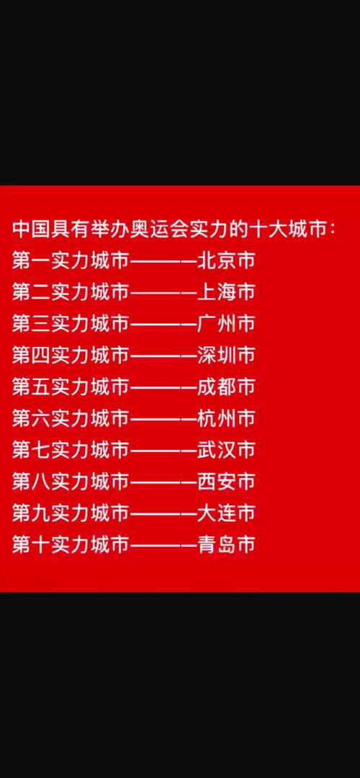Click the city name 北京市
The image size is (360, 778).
(226, 261)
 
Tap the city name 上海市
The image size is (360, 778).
(226, 292)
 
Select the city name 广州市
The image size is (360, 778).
(226, 323)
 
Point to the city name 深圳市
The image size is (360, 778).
(226, 356)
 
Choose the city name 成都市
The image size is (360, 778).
(226, 386)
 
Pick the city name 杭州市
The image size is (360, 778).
(226, 418)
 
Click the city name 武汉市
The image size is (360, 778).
(226, 450)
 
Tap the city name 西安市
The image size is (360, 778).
(226, 481)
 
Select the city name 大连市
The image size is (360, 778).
(226, 512)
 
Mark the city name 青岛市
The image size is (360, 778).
(226, 544)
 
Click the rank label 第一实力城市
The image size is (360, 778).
(71, 261)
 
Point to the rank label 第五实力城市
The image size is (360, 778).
(71, 386)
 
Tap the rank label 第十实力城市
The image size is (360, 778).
(71, 544)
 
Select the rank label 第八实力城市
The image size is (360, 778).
(71, 481)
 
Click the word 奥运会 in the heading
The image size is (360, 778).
(158, 230)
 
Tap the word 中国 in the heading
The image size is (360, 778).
(31, 230)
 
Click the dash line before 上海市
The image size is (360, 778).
(163, 293)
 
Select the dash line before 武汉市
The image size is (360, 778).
(163, 451)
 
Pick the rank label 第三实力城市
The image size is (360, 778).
(71, 323)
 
